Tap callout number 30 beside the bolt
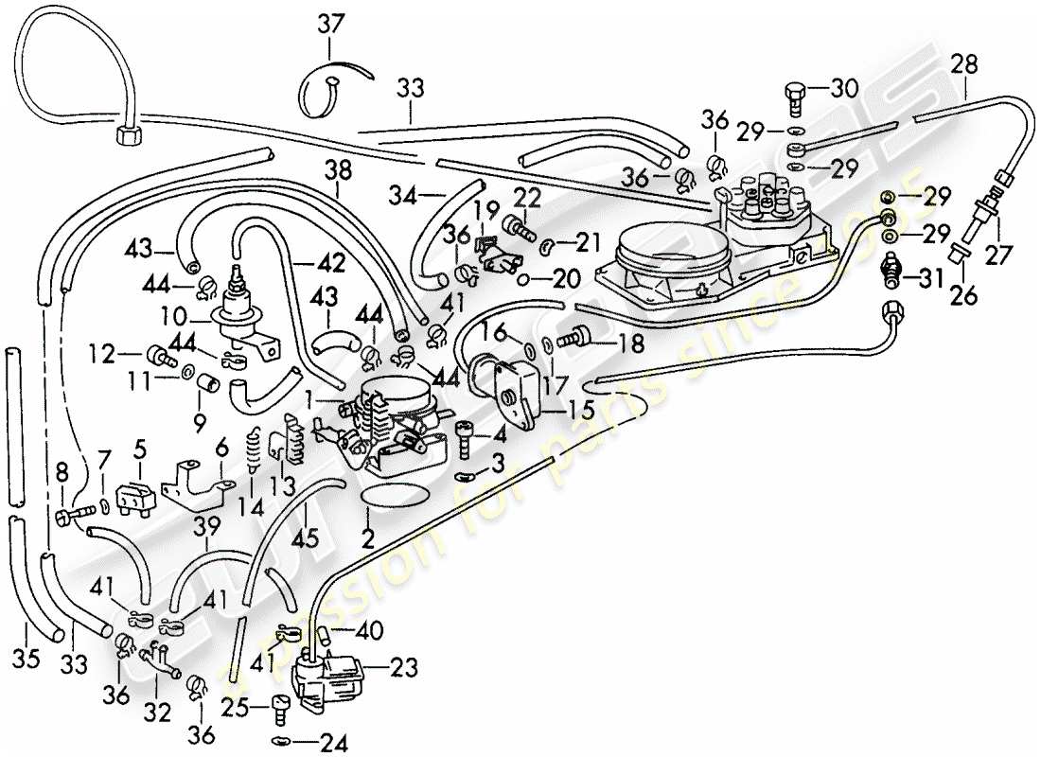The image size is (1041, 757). (844, 90)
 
